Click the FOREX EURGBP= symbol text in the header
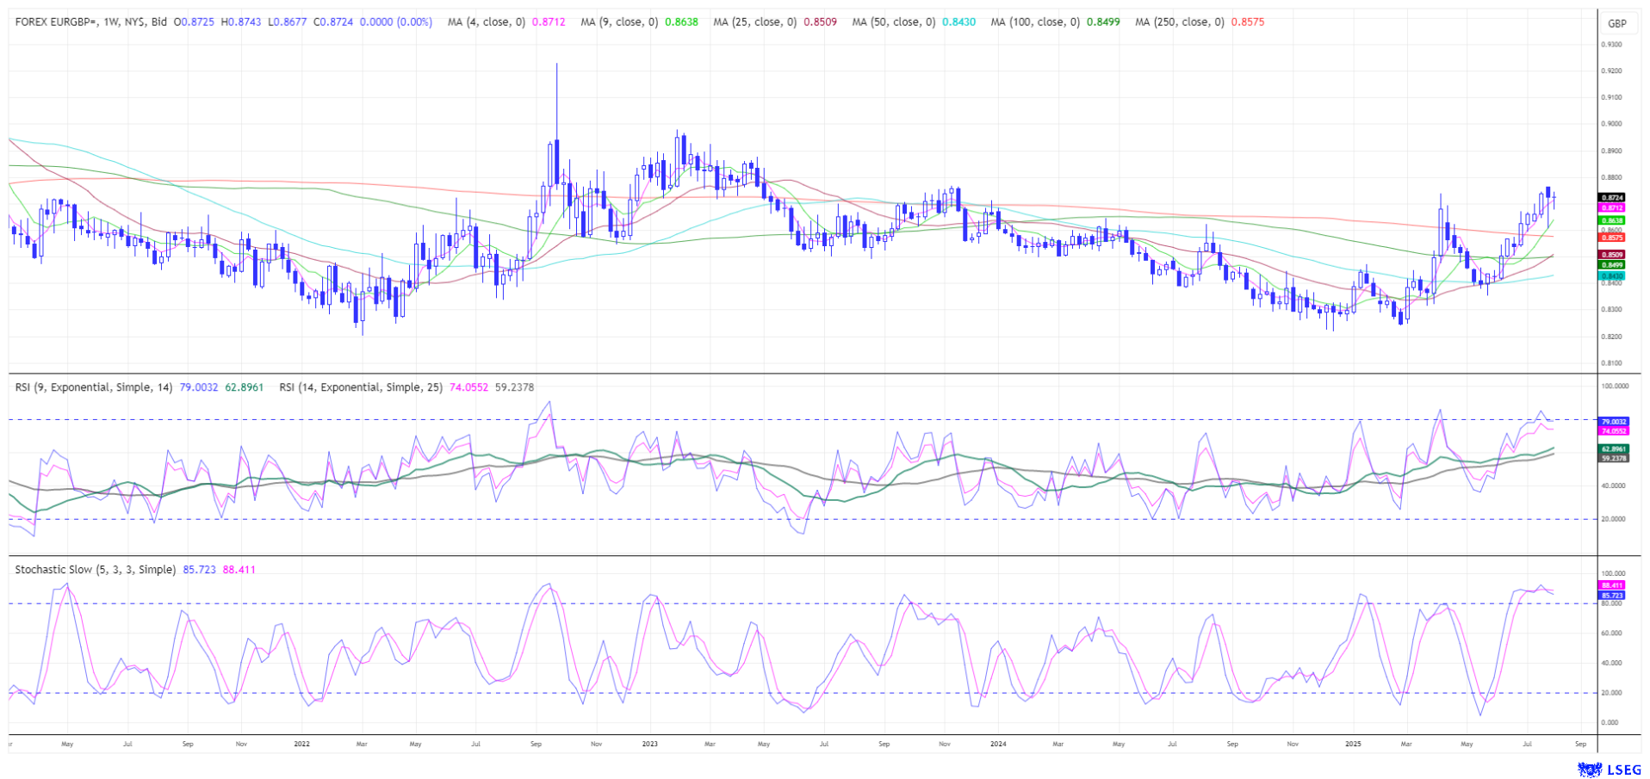[x=59, y=22]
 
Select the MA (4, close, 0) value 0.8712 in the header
[x=549, y=22]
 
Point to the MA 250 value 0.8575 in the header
[x=1248, y=22]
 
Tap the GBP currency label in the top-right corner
[x=1616, y=24]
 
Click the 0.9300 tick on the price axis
[x=1611, y=45]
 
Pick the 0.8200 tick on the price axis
[x=1611, y=337]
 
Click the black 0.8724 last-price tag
[x=1612, y=198]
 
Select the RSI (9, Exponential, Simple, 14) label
[x=95, y=387]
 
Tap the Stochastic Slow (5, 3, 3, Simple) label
[x=95, y=570]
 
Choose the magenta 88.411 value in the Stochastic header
[x=239, y=570]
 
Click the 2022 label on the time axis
[x=301, y=744]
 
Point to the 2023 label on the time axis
[x=649, y=744]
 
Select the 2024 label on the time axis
[x=998, y=744]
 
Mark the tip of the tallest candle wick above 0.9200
[x=556, y=64]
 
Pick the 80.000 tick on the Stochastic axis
[x=1612, y=603]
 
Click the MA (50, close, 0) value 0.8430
[x=959, y=22]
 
